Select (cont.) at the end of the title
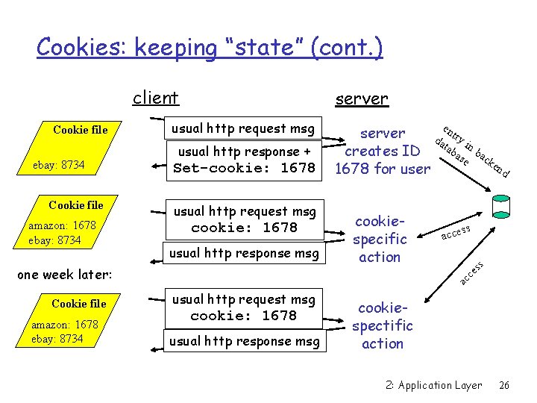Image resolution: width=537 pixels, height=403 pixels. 351,47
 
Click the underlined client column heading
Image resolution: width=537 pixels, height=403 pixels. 155,98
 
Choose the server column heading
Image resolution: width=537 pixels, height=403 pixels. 361,99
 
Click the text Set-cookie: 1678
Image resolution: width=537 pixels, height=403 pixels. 244,168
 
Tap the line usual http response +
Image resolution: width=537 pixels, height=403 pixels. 244,151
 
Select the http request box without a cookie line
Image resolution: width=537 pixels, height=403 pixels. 243,128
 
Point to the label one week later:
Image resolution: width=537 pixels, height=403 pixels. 64,274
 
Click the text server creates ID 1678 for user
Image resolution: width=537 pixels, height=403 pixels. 382,151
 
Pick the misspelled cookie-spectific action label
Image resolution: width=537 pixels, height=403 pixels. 382,325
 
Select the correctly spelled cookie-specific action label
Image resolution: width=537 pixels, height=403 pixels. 380,239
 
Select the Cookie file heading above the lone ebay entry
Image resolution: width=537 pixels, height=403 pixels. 80,130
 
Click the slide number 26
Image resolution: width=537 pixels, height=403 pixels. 504,385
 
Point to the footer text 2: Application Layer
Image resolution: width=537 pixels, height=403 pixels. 433,385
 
